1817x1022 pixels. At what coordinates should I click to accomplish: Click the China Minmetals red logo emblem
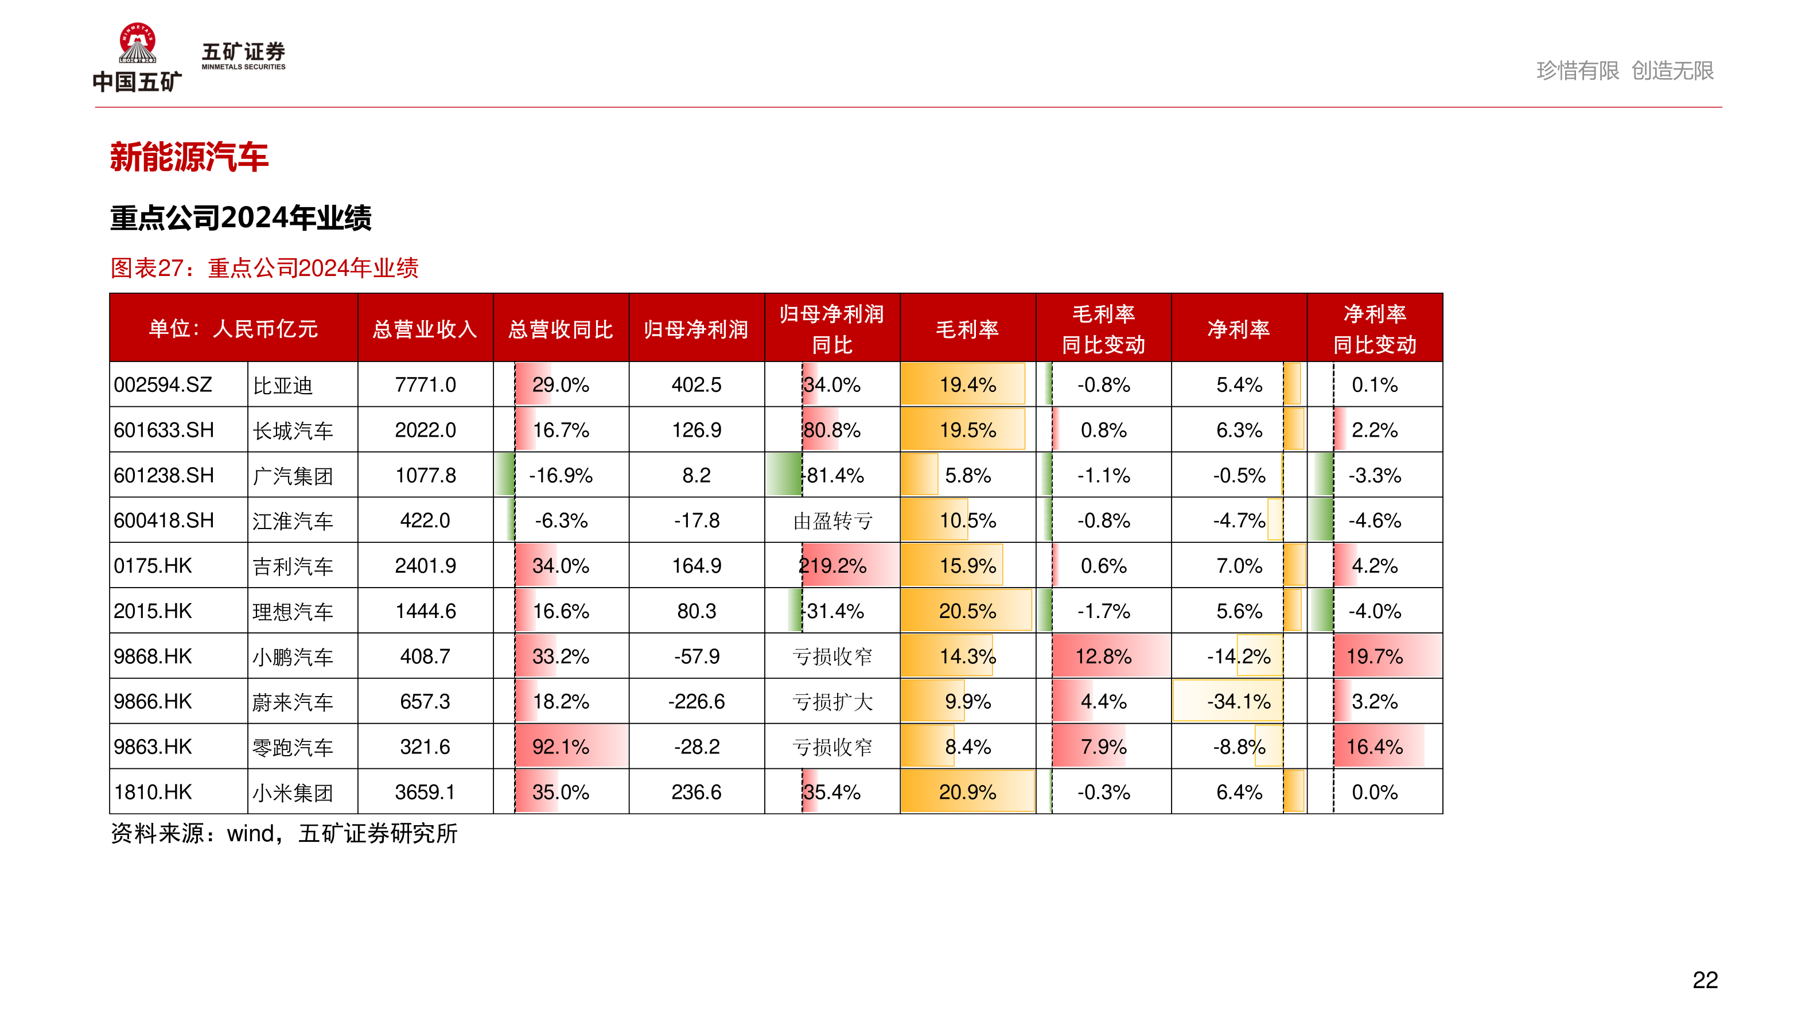coord(138,43)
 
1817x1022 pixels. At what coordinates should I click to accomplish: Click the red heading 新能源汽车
coord(189,157)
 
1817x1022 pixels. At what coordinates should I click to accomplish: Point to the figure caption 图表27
coord(264,268)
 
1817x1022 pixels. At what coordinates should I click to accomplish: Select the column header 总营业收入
coord(425,329)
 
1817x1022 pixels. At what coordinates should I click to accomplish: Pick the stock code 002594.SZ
coord(163,384)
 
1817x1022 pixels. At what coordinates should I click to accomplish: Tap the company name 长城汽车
coord(293,430)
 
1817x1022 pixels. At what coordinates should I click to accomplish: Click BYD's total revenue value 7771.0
coord(425,384)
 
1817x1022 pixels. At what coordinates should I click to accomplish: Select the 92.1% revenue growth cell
coord(561,747)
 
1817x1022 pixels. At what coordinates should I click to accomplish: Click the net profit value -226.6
coord(696,702)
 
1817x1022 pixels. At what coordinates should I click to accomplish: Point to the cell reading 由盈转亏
coord(832,520)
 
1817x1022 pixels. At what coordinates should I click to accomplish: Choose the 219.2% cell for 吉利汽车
coord(832,566)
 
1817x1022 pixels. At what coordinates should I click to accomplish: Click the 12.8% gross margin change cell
coord(1103,656)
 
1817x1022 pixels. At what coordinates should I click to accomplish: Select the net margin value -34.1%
coord(1239,702)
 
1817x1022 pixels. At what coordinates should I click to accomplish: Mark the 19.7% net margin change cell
coord(1374,656)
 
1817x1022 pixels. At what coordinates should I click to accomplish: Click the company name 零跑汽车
coord(293,747)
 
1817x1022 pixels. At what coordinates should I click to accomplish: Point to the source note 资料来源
coord(283,834)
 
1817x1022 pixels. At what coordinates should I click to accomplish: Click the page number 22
coord(1705,980)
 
